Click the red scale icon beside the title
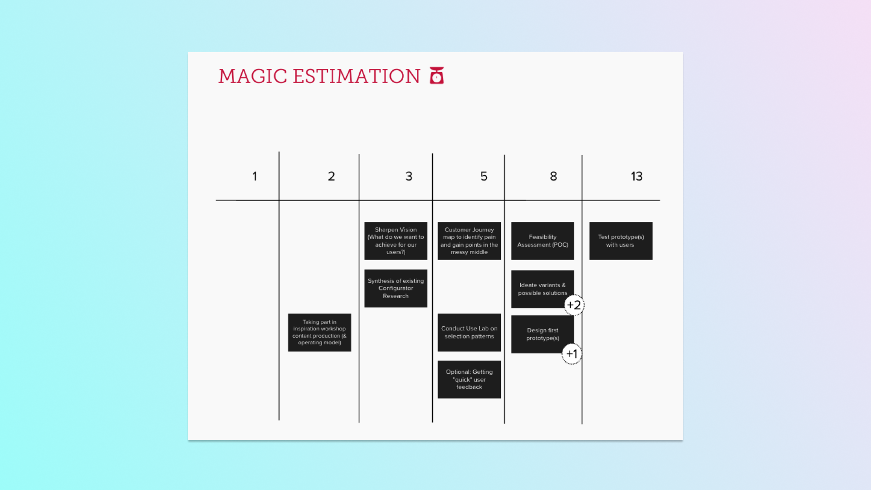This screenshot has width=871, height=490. [x=437, y=76]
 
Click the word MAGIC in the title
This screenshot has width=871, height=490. [x=253, y=76]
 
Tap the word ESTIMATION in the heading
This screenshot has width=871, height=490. [x=357, y=76]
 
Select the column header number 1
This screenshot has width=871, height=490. [x=255, y=176]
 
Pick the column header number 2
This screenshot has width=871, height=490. [x=332, y=176]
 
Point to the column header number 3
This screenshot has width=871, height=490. [x=409, y=176]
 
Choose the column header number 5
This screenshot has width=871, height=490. [x=484, y=176]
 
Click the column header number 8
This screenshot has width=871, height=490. [x=553, y=176]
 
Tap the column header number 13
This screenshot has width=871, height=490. [x=636, y=176]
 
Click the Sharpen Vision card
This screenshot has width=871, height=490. [x=396, y=241]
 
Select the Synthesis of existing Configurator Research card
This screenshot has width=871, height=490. [x=396, y=289]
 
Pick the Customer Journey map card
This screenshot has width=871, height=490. [x=469, y=241]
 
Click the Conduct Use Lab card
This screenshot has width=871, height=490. [x=469, y=333]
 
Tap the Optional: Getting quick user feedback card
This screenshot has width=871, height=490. [x=469, y=380]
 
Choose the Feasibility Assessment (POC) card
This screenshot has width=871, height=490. [x=543, y=241]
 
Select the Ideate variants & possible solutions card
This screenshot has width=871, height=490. [x=543, y=289]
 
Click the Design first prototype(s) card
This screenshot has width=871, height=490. [x=543, y=334]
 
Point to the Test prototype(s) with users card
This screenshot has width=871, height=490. [x=621, y=241]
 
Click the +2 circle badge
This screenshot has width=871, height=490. [x=574, y=305]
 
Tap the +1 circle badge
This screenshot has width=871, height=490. [x=572, y=354]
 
